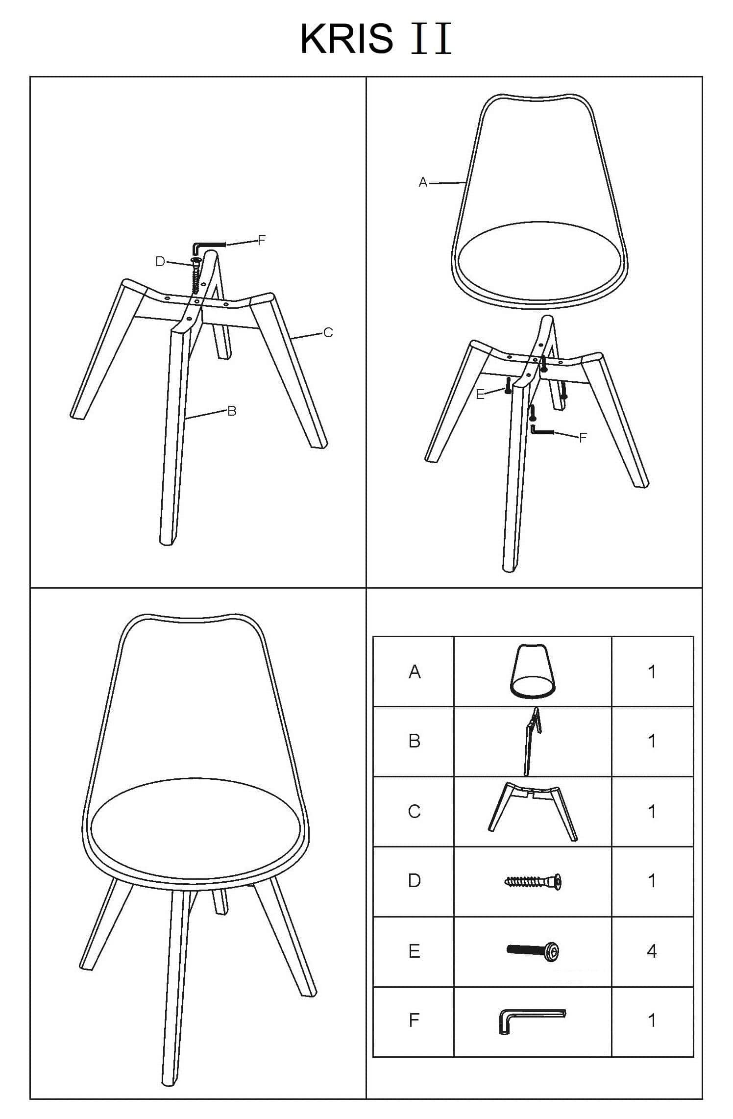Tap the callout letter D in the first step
(160, 262)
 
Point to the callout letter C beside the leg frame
(328, 333)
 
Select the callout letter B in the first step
(232, 411)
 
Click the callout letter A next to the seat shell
(423, 183)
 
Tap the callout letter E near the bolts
(480, 395)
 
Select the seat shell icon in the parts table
(533, 671)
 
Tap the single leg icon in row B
(532, 741)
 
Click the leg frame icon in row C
(533, 811)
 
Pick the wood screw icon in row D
(533, 882)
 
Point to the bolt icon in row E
(533, 951)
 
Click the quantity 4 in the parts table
(652, 951)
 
